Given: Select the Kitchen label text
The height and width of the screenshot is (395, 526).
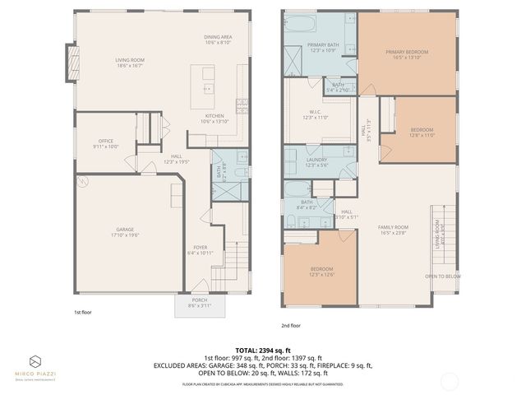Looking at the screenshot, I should [x=214, y=118].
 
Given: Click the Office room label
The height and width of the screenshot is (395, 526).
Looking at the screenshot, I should [x=104, y=143].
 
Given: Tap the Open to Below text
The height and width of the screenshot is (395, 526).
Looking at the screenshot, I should [x=442, y=276].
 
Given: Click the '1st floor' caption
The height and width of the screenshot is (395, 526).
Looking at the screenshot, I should [x=82, y=312].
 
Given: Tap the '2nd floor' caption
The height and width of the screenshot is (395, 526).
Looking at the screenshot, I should [x=292, y=325].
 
